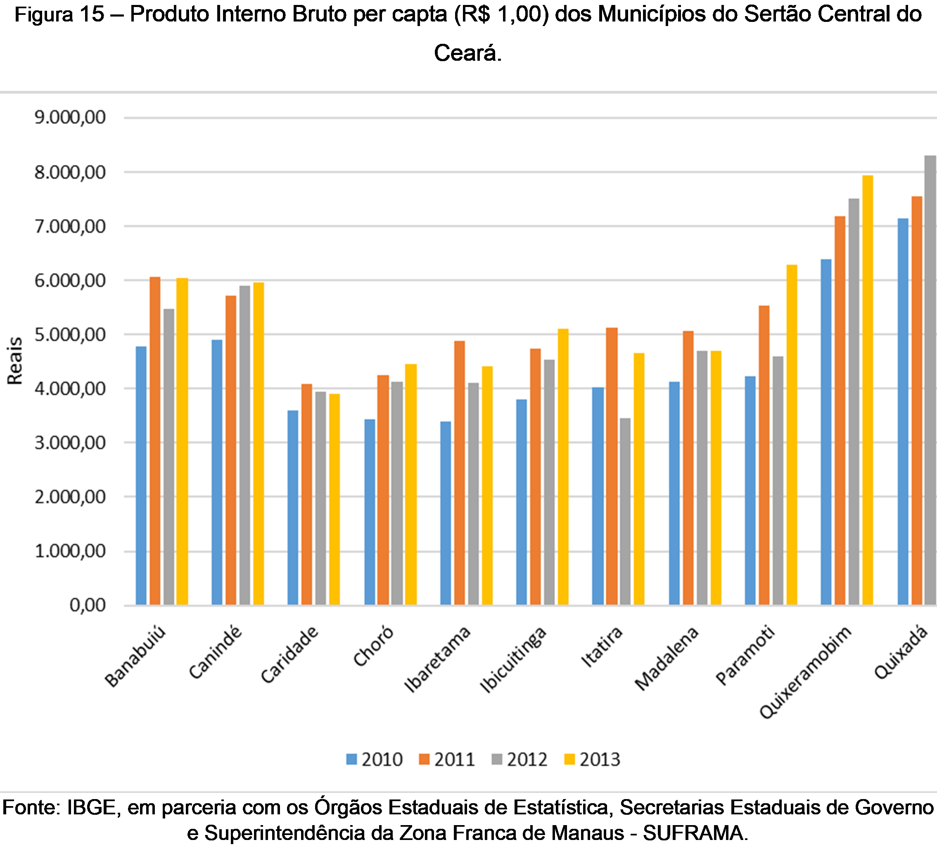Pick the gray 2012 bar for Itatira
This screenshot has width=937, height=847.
click(x=625, y=511)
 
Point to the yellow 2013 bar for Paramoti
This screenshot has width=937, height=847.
click(x=792, y=435)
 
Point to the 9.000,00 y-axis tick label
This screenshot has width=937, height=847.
click(x=70, y=117)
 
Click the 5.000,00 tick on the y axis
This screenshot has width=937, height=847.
click(x=70, y=334)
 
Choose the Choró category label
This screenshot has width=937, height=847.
click(x=373, y=646)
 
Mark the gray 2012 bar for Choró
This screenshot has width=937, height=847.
click(x=396, y=493)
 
